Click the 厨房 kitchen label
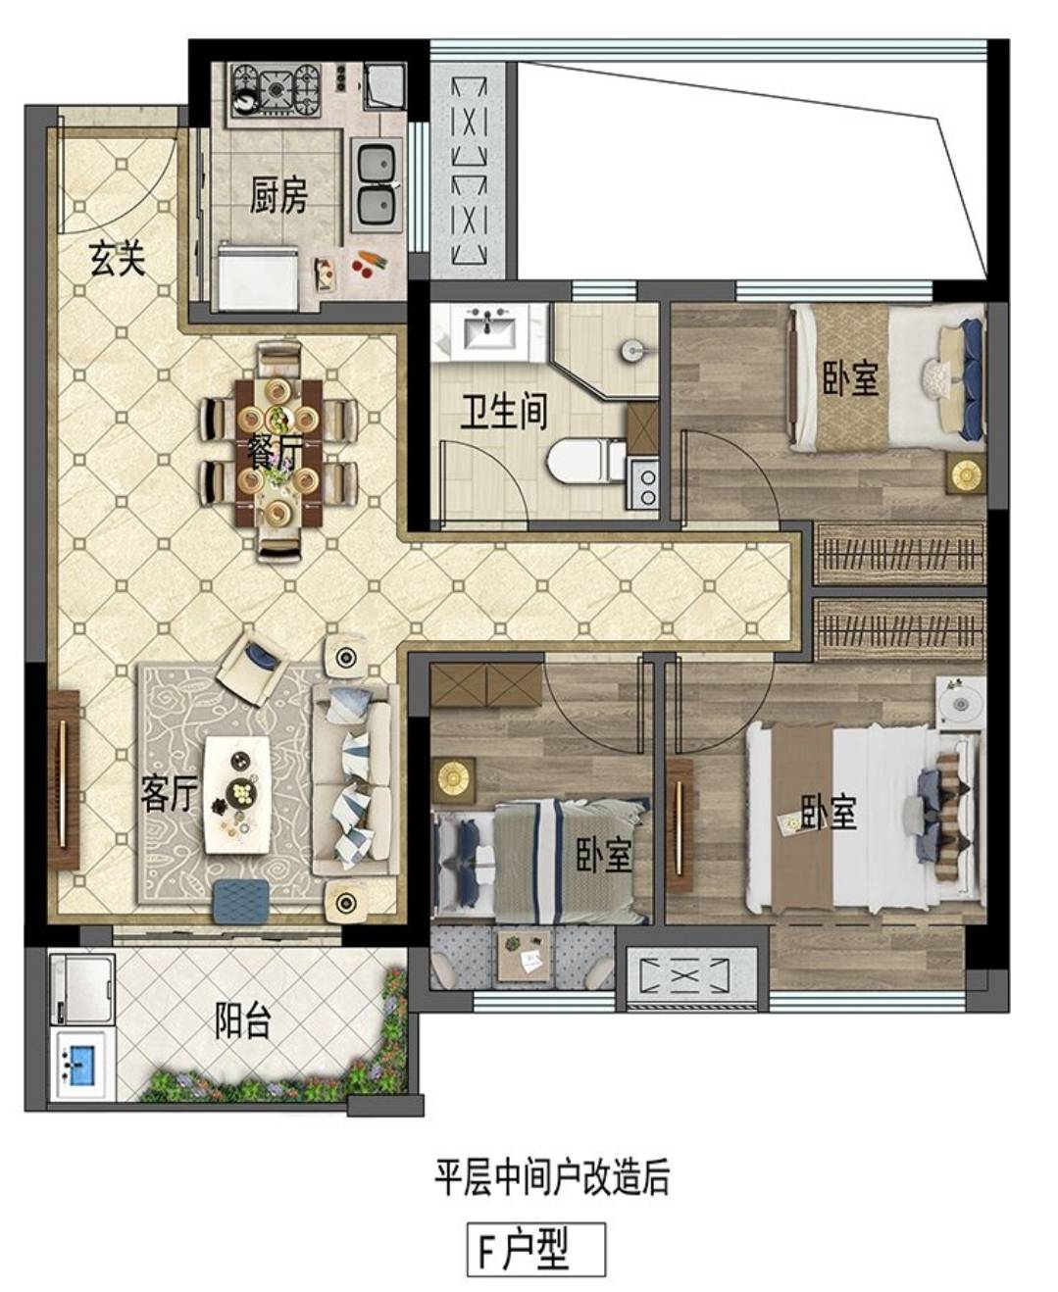point(277,196)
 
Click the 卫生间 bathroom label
point(503,411)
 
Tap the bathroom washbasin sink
point(488,329)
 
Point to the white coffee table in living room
point(238,795)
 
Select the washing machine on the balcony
point(81,987)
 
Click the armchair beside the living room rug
point(250,669)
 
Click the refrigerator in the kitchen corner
point(259,276)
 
